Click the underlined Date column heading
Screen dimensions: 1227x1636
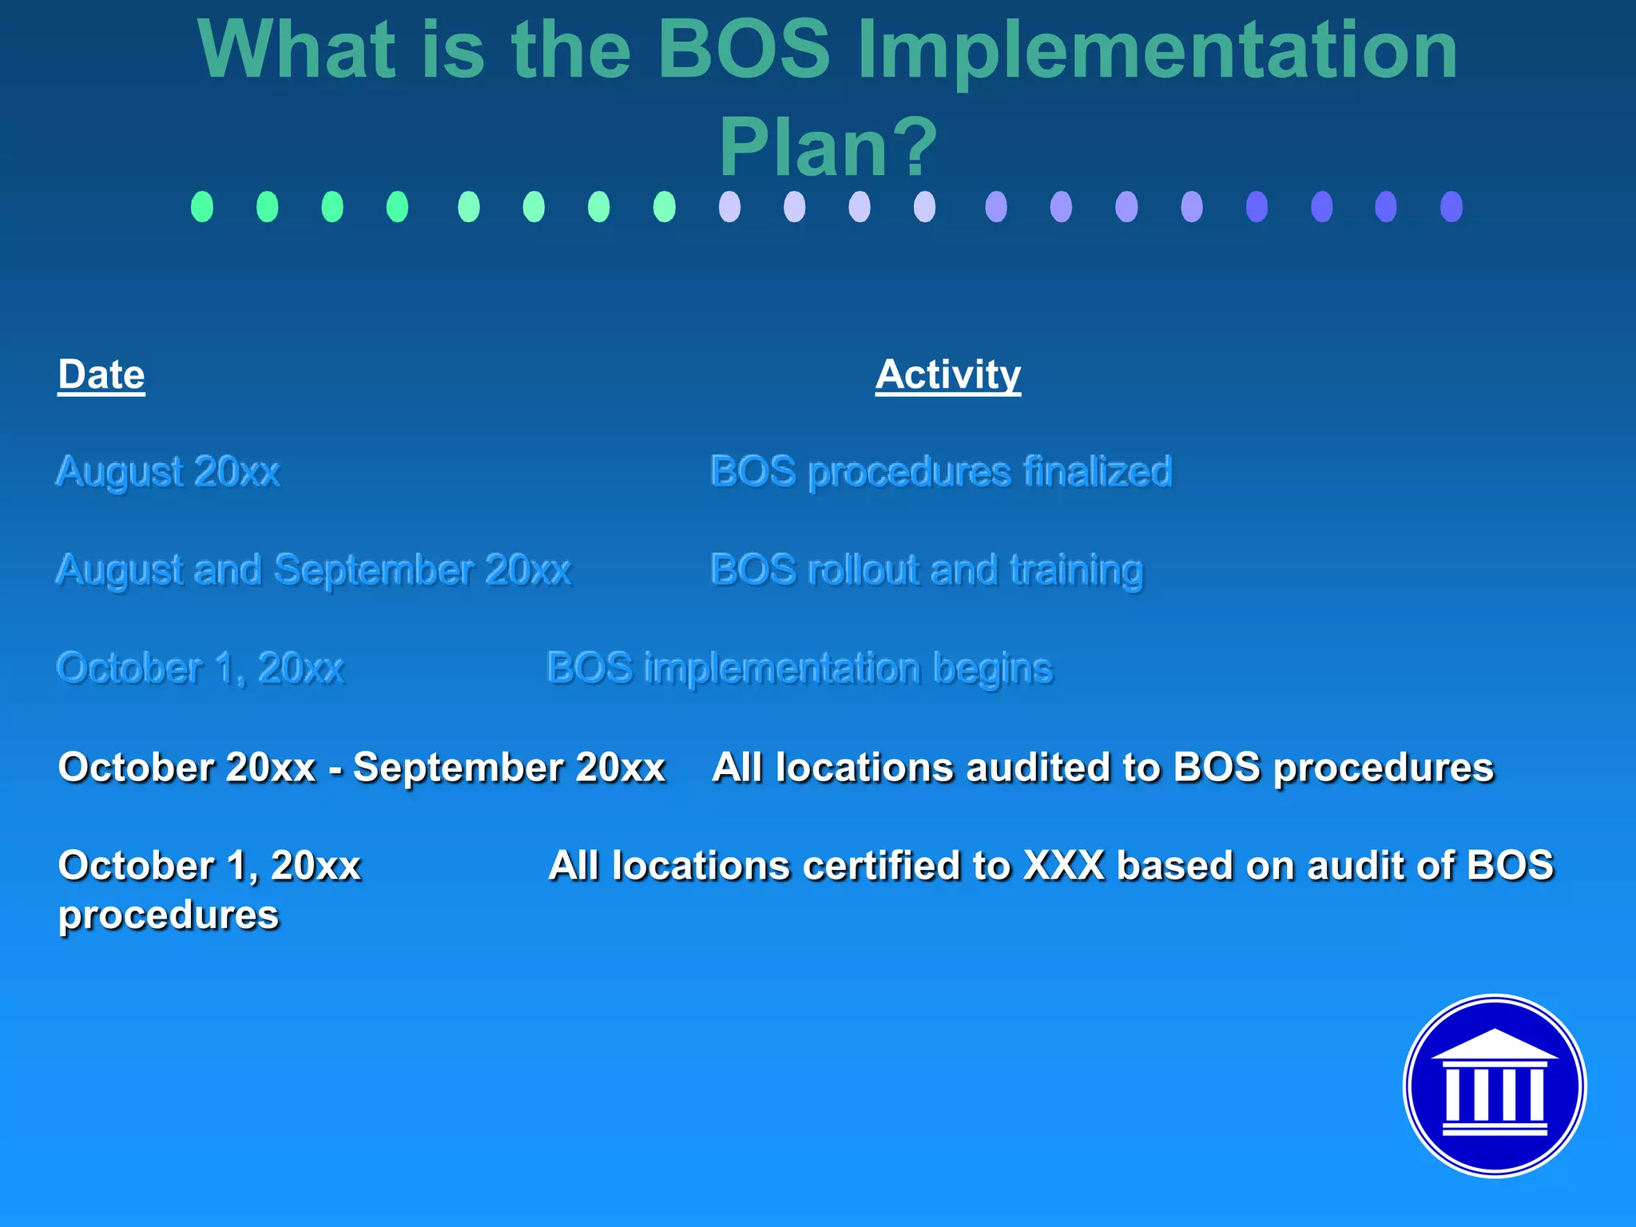[x=101, y=375]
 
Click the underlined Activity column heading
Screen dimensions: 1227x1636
[x=947, y=375]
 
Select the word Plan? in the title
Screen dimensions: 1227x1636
[x=828, y=148]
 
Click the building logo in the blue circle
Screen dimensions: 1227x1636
[x=1494, y=1086]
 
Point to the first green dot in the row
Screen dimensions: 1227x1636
[x=202, y=207]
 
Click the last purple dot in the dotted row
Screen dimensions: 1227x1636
[x=1451, y=207]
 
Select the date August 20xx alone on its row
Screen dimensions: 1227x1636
[x=168, y=471]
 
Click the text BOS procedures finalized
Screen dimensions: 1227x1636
[x=940, y=471]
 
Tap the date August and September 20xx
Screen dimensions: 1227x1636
[x=313, y=570]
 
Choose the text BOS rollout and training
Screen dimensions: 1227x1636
[x=926, y=570]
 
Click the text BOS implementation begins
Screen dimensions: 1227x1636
[x=799, y=669]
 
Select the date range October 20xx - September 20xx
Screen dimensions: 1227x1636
[x=361, y=768]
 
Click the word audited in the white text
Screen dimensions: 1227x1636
[x=1037, y=768]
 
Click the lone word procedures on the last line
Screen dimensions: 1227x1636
[x=168, y=915]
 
